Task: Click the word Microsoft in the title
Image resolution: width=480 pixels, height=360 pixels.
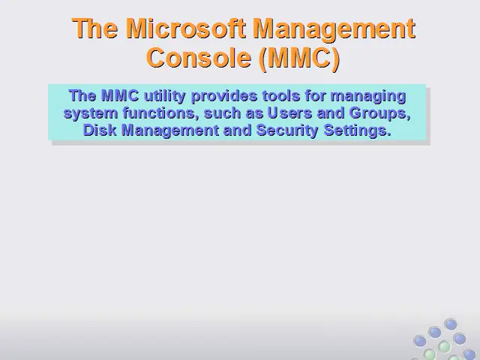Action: (x=185, y=28)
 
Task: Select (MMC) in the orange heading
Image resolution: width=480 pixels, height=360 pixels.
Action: (x=299, y=58)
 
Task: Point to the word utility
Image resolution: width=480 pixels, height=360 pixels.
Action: (x=164, y=96)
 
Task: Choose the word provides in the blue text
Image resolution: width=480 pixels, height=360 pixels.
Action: (x=224, y=96)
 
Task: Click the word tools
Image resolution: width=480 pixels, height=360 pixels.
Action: (x=281, y=95)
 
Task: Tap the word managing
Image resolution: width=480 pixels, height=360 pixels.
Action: (x=368, y=96)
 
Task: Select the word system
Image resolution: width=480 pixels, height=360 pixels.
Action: (x=91, y=113)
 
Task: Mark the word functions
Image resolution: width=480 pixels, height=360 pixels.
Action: (x=159, y=112)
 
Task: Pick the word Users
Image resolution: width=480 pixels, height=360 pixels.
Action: (x=289, y=112)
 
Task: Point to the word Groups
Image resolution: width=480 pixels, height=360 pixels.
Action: (x=379, y=113)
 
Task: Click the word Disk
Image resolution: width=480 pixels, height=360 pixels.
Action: (x=100, y=130)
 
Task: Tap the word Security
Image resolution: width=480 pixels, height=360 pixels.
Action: (x=287, y=130)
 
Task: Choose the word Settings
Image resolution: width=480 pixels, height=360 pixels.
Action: (x=358, y=130)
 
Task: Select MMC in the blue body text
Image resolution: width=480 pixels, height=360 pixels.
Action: (x=120, y=95)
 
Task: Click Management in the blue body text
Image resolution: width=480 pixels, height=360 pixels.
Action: (x=170, y=130)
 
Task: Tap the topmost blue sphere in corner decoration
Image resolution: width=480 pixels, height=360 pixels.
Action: (x=451, y=324)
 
